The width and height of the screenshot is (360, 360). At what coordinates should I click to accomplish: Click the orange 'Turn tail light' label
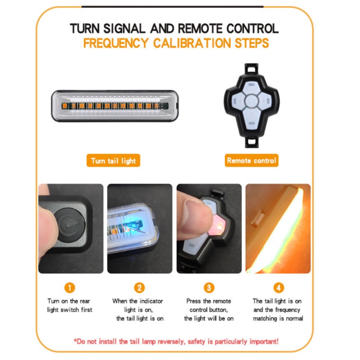pyautogui.click(x=113, y=161)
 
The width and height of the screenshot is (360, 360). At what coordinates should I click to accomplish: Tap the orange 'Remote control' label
pyautogui.click(x=252, y=160)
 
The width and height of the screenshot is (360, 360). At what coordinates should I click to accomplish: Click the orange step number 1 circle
pyautogui.click(x=69, y=288)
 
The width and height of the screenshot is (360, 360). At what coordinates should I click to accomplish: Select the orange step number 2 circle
pyautogui.click(x=139, y=288)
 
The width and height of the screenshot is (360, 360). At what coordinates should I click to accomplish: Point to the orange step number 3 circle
pyautogui.click(x=209, y=288)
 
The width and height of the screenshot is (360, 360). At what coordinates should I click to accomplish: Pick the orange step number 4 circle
pyautogui.click(x=278, y=288)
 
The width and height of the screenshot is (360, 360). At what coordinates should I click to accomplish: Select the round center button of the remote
pyautogui.click(x=252, y=105)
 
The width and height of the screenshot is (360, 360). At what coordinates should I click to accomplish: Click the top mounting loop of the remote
pyautogui.click(x=252, y=69)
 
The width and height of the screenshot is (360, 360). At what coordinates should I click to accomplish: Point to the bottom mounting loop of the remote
pyautogui.click(x=252, y=142)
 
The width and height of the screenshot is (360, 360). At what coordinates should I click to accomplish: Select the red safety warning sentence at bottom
pyautogui.click(x=176, y=341)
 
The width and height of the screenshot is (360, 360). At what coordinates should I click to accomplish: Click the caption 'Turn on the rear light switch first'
pyautogui.click(x=69, y=305)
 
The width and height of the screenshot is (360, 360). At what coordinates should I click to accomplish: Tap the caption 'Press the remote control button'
pyautogui.click(x=209, y=310)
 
